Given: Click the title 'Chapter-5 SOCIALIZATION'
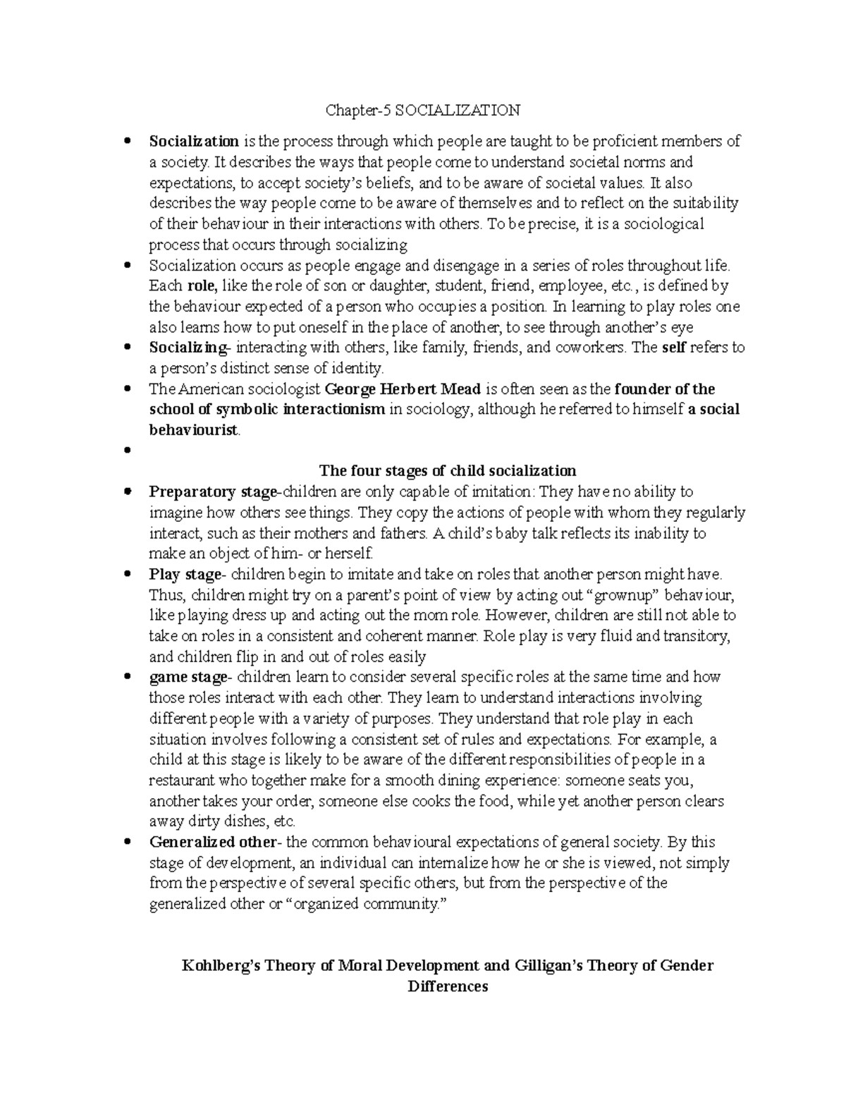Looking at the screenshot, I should [422, 110].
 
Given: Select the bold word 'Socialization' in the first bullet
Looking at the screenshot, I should [194, 141].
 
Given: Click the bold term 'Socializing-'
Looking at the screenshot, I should [190, 348].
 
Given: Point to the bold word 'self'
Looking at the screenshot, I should [675, 348].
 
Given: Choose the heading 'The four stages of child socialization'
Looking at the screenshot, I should [448, 471].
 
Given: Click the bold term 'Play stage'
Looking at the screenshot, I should [185, 574].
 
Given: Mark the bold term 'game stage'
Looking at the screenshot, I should [188, 677].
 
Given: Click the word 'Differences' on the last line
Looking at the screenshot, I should [448, 986].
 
